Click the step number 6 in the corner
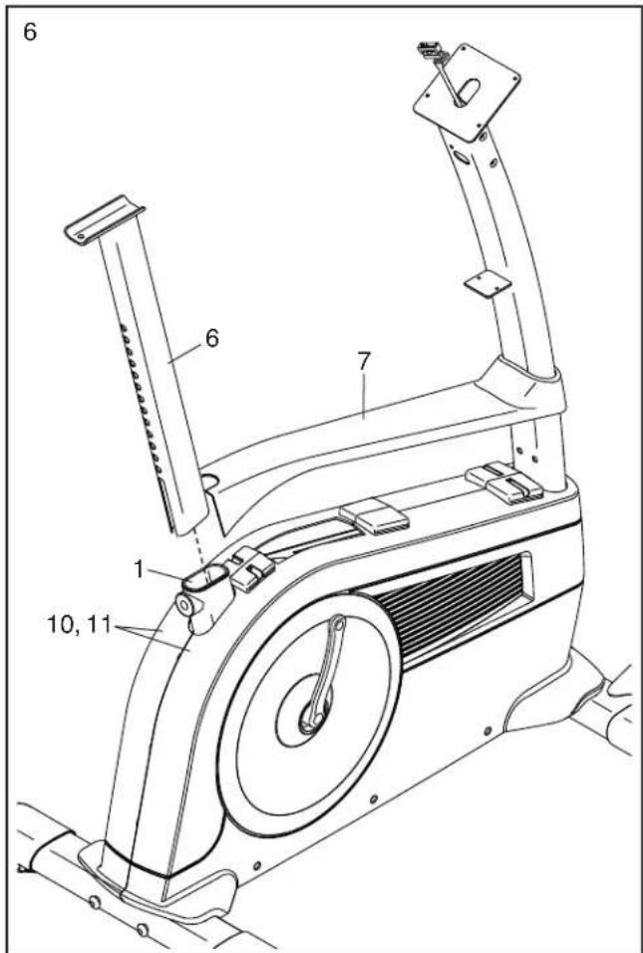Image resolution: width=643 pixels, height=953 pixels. pyautogui.click(x=30, y=32)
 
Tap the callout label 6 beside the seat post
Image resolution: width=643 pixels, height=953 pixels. pyautogui.click(x=212, y=339)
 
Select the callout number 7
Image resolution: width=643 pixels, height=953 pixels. pyautogui.click(x=364, y=362)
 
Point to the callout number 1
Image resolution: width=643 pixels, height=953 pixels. pyautogui.click(x=140, y=569)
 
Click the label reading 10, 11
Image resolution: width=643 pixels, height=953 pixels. pyautogui.click(x=79, y=625)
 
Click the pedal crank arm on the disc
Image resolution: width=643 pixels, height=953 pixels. pyautogui.click(x=320, y=675)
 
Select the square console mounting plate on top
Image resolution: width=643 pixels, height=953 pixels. pyautogui.click(x=467, y=91)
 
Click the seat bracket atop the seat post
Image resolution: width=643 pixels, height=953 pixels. pyautogui.click(x=104, y=219)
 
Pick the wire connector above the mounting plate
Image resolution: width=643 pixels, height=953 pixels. pyautogui.click(x=432, y=53)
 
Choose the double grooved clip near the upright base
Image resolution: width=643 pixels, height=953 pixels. pyautogui.click(x=504, y=480)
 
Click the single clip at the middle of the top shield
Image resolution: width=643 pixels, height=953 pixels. pyautogui.click(x=373, y=516)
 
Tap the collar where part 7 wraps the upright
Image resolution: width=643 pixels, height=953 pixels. pyautogui.click(x=521, y=389)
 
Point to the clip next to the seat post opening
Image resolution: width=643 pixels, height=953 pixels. pyautogui.click(x=250, y=568)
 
